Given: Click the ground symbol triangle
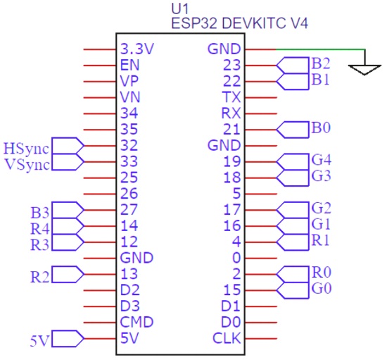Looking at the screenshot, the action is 364,70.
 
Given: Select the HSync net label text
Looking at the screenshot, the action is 26,149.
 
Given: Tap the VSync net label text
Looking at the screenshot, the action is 27,165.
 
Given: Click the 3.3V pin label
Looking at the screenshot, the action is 137,49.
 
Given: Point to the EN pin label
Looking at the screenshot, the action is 130,66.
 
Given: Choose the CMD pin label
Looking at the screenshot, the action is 137,322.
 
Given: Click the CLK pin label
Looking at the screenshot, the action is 227,338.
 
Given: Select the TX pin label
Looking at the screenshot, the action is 231,97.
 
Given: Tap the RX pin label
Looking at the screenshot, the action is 231,113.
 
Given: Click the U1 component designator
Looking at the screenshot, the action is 180,9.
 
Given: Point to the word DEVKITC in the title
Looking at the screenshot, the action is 254,24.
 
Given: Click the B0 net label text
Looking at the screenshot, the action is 321,128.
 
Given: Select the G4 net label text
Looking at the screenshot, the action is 322,160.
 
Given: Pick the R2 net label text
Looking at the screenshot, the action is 40,277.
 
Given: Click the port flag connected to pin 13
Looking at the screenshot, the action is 68,274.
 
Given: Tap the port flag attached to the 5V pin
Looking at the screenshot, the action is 68,338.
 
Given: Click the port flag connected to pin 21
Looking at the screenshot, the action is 293,130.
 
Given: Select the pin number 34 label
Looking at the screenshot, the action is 129,113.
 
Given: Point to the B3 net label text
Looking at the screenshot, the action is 40,213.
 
